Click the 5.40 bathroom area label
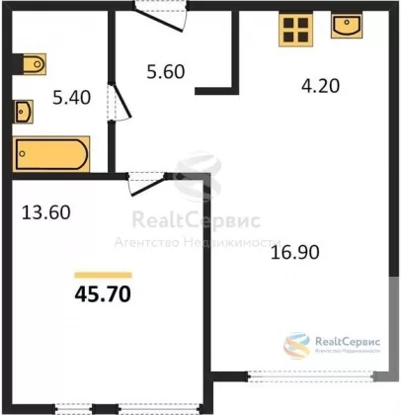click(x=72, y=98)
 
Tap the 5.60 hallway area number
click(x=166, y=71)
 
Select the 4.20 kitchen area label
click(x=320, y=86)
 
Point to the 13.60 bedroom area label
click(x=46, y=212)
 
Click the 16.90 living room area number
click(x=295, y=253)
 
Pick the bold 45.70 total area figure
click(x=103, y=294)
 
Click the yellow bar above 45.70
click(x=103, y=275)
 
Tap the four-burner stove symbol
click(x=295, y=30)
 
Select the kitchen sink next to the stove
click(x=347, y=26)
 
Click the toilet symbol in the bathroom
click(x=35, y=64)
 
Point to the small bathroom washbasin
click(x=24, y=112)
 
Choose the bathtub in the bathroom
click(x=51, y=154)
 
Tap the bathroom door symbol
click(x=120, y=102)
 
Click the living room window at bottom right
click(x=311, y=376)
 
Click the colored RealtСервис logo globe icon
click(x=297, y=346)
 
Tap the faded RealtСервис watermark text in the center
click(x=197, y=220)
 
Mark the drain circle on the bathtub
click(x=23, y=154)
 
